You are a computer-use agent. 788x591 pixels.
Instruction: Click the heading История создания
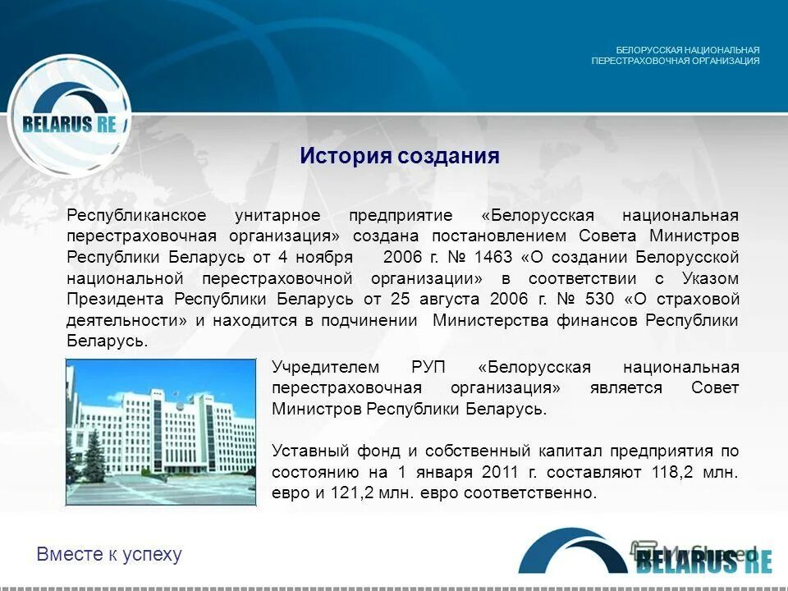point(399,156)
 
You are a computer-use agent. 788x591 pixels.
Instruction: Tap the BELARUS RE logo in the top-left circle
point(70,124)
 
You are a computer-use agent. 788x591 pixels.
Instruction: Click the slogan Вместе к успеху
point(109,555)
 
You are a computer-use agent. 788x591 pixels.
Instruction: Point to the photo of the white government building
point(161,431)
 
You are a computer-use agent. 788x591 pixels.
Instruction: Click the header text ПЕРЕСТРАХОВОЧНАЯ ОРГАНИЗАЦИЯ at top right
point(675,61)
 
